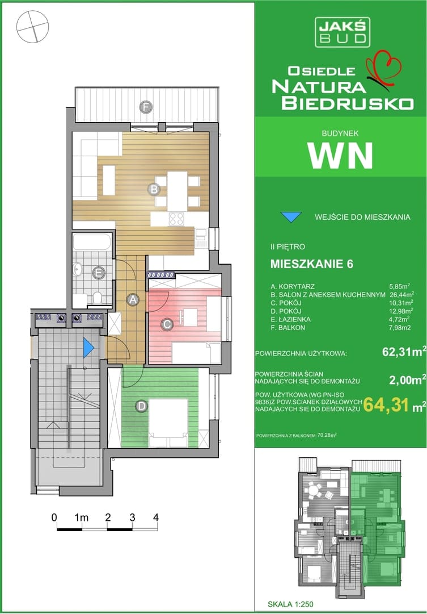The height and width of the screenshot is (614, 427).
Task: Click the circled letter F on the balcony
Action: [146, 107]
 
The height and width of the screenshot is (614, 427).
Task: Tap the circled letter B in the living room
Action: [154, 190]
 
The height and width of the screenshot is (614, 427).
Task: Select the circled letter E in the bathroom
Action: [99, 273]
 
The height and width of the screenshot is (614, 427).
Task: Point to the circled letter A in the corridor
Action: [133, 300]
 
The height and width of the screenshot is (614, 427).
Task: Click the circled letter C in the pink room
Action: [167, 324]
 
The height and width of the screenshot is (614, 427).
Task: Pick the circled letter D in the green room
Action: [141, 406]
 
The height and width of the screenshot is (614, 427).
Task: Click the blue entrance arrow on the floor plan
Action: [88, 348]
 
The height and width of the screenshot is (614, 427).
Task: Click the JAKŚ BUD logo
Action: [343, 32]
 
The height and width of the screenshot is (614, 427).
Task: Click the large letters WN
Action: [340, 155]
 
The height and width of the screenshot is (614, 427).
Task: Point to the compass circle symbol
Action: [33, 26]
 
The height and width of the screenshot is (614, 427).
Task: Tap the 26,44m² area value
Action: [402, 294]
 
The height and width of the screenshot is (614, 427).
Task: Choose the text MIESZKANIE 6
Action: [312, 264]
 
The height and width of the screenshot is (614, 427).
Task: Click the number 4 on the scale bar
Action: [156, 517]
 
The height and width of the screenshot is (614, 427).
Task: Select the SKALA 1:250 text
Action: [290, 604]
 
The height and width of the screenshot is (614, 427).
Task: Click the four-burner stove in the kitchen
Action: [176, 219]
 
